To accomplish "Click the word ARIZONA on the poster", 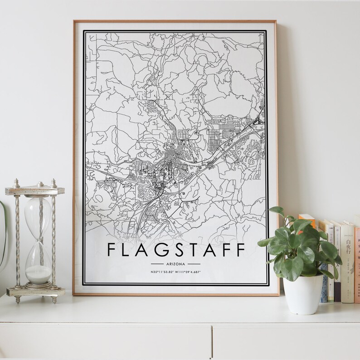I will coord(175,263).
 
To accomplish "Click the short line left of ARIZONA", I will coord(157,263).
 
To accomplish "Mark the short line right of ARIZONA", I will coord(194,263).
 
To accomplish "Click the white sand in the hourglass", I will coord(38,273).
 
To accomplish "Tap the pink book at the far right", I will coord(357,263).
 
